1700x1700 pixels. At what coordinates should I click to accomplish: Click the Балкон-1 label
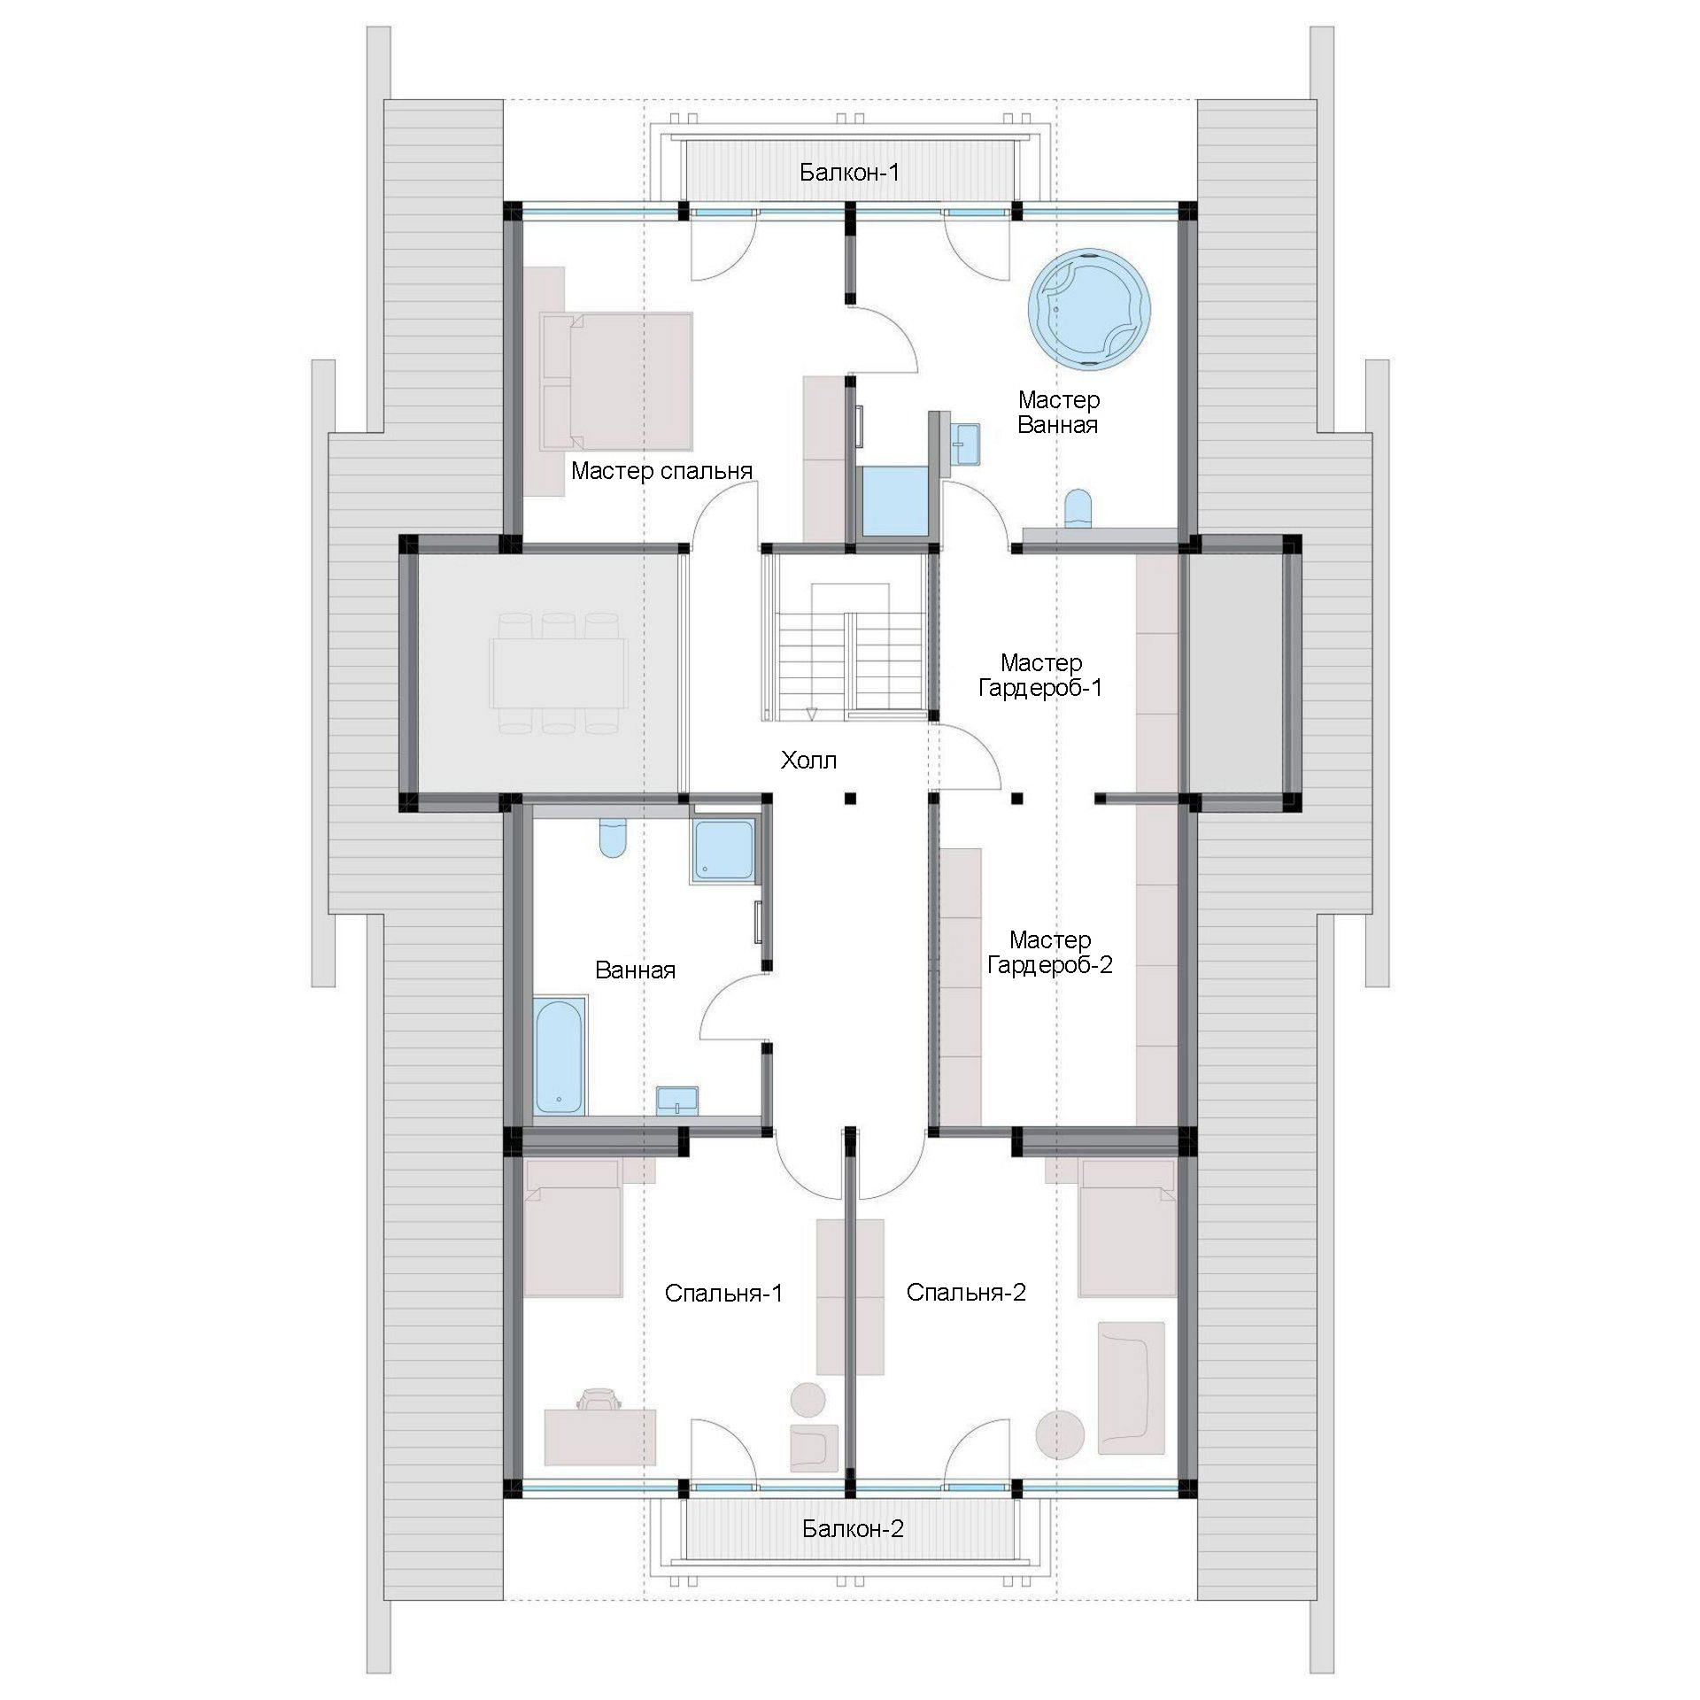click(849, 172)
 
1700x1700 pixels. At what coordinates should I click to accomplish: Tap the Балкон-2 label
click(853, 1528)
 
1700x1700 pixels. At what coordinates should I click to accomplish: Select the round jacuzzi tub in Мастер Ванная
click(1088, 307)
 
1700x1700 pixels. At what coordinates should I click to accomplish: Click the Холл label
click(808, 760)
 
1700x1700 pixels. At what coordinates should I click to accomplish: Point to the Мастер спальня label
click(661, 470)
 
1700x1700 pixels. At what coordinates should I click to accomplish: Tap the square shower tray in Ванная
click(723, 851)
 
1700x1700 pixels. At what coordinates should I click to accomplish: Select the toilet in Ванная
click(613, 837)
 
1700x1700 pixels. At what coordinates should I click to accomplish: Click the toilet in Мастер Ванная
click(1079, 508)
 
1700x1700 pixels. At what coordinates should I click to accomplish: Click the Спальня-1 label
click(723, 1294)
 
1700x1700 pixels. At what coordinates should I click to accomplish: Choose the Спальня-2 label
click(966, 1293)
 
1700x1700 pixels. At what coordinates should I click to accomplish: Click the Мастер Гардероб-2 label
click(1049, 952)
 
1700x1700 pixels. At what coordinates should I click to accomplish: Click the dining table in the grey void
click(559, 672)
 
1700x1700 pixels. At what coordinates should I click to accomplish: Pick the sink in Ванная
click(677, 1101)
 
